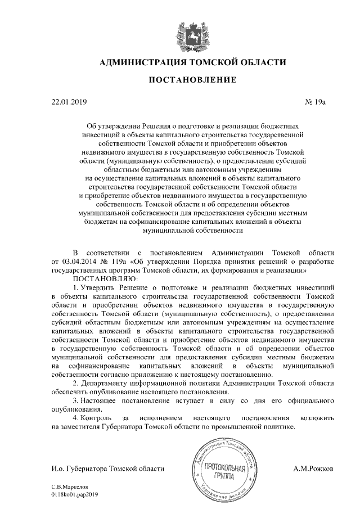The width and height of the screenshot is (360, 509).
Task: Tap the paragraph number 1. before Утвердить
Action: point(76,286)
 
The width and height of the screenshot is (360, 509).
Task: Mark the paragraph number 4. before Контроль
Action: point(76,418)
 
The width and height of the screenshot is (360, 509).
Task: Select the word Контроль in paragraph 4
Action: point(96,418)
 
